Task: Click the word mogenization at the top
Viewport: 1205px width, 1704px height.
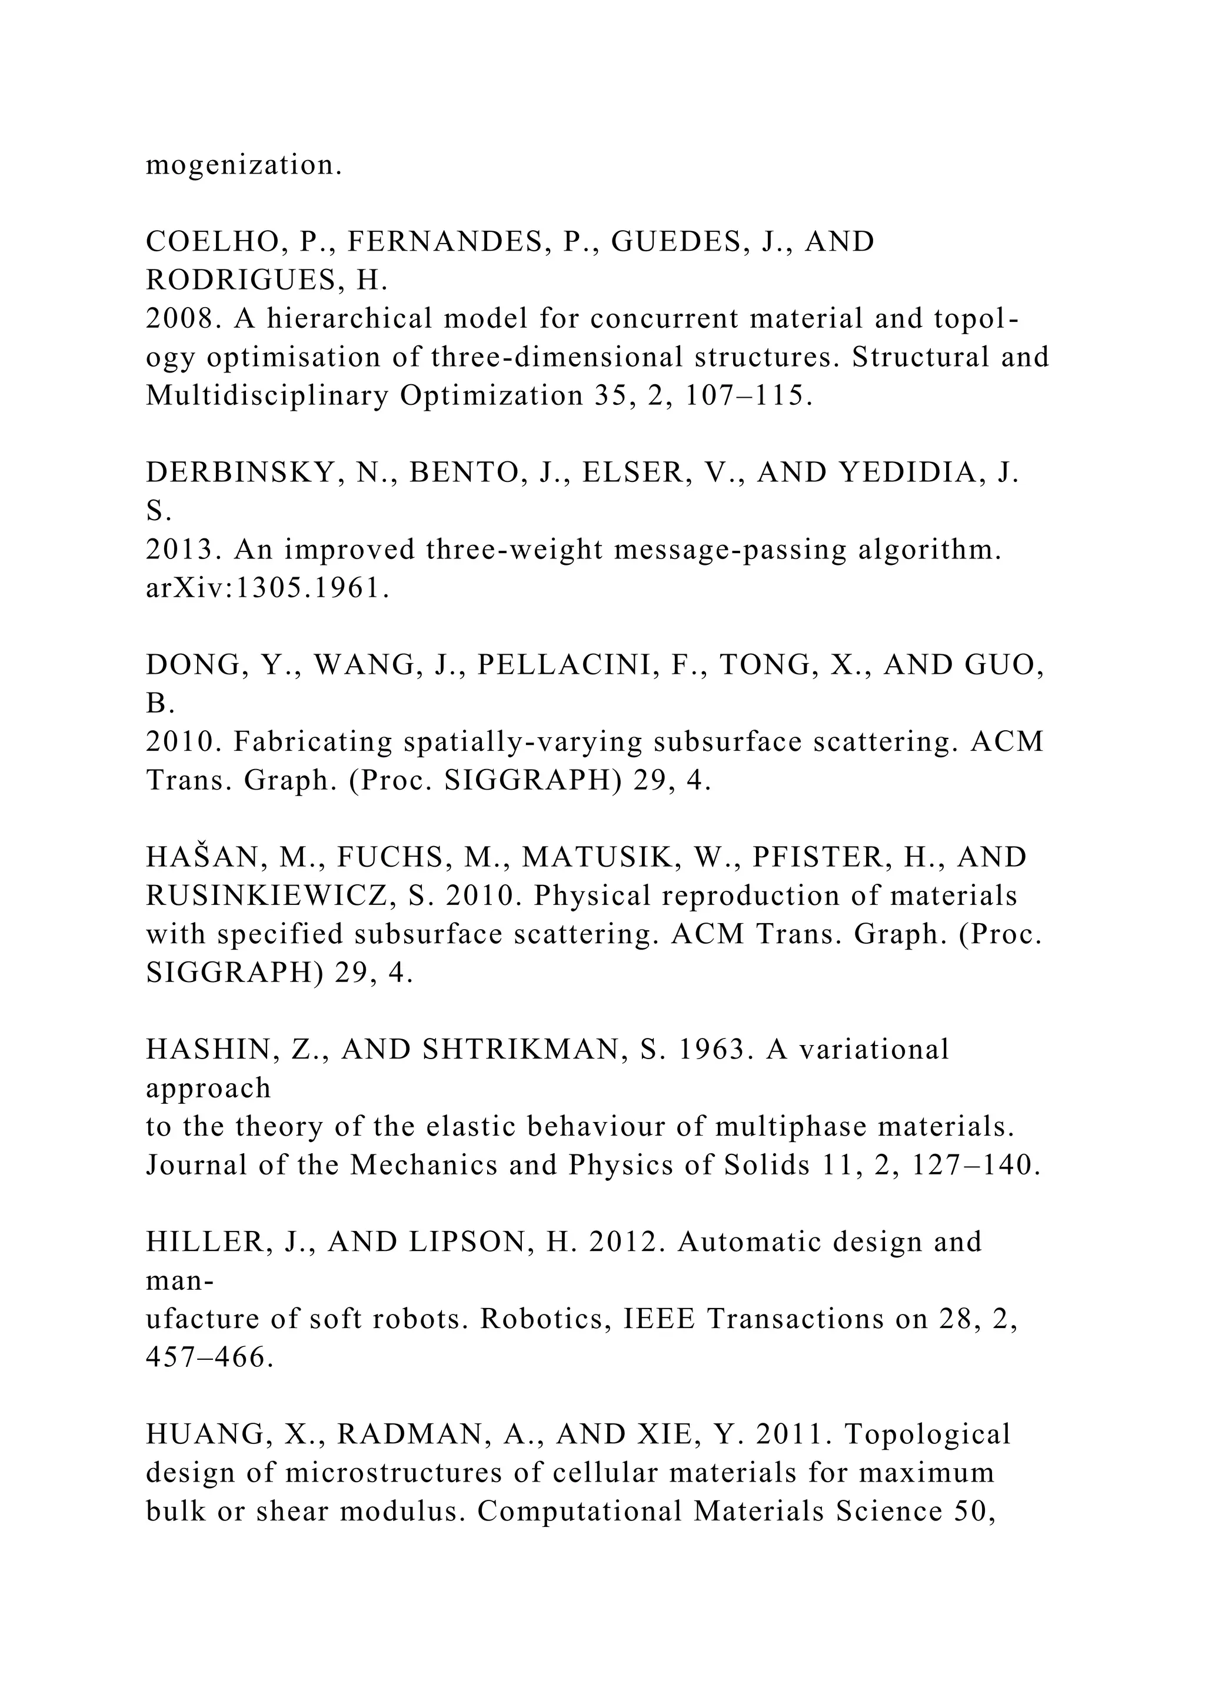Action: click(x=244, y=165)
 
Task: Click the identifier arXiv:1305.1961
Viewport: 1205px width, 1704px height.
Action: click(x=267, y=588)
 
